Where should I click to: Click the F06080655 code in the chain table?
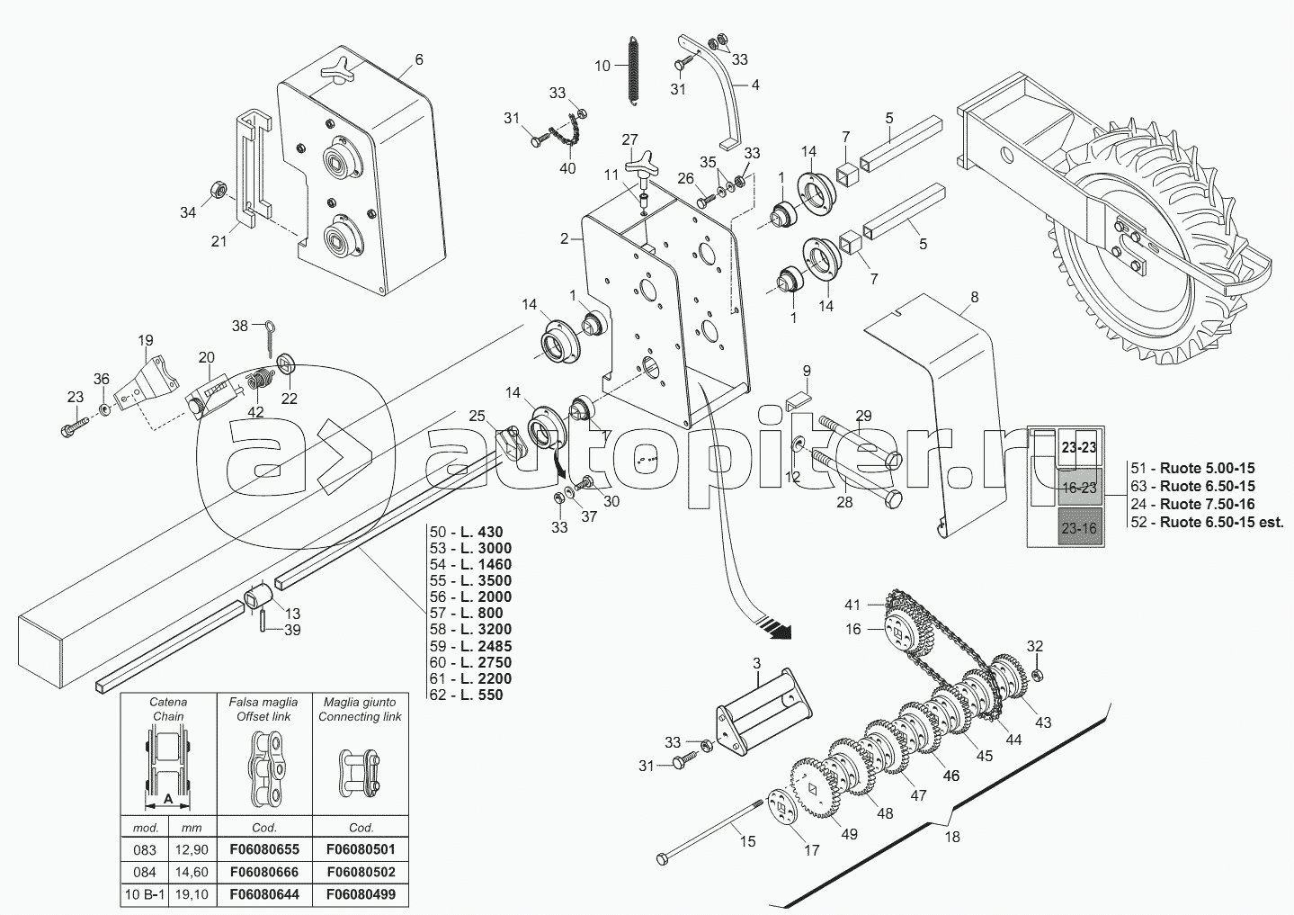tap(264, 849)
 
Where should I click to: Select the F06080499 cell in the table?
tap(361, 895)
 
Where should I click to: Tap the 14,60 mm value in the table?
tap(192, 872)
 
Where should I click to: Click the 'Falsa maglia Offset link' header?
tap(263, 709)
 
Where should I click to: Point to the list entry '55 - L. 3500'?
tap(471, 581)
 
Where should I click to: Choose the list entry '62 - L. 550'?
tap(467, 695)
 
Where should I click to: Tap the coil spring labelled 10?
tap(633, 72)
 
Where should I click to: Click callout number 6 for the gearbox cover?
tap(419, 59)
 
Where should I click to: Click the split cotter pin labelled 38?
tap(271, 338)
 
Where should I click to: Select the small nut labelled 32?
tap(1036, 675)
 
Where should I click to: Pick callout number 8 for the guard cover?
tap(975, 297)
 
